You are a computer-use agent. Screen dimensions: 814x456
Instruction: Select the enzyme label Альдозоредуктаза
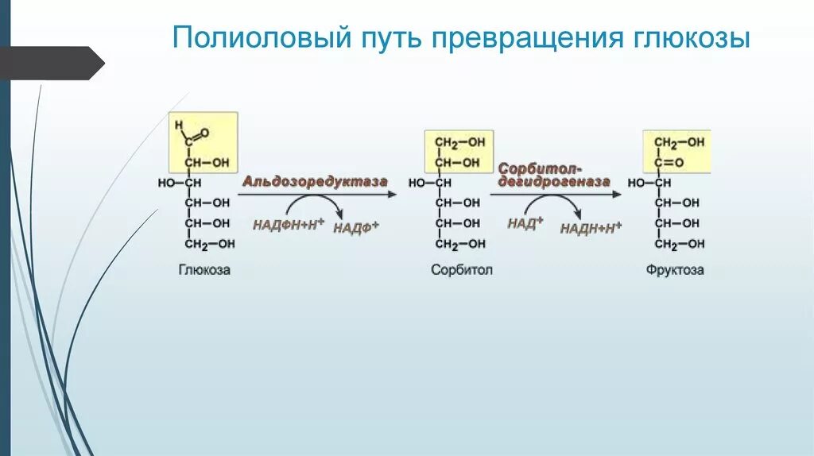click(315, 182)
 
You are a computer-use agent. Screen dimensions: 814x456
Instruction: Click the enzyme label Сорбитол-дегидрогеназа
click(554, 175)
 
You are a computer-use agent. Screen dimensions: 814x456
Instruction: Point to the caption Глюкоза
click(203, 270)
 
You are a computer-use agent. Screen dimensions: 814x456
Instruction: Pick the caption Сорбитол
click(462, 270)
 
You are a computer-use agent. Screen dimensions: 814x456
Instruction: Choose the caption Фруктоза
click(675, 270)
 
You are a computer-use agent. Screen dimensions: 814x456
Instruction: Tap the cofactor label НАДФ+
click(355, 228)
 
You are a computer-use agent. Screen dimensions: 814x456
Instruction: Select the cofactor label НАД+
click(525, 223)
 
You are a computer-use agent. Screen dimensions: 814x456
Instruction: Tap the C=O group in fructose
click(671, 162)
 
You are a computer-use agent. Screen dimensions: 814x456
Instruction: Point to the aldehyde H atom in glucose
click(179, 125)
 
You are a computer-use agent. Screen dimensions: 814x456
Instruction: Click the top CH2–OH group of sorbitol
click(459, 142)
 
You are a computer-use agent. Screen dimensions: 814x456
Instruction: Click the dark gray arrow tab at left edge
click(52, 62)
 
